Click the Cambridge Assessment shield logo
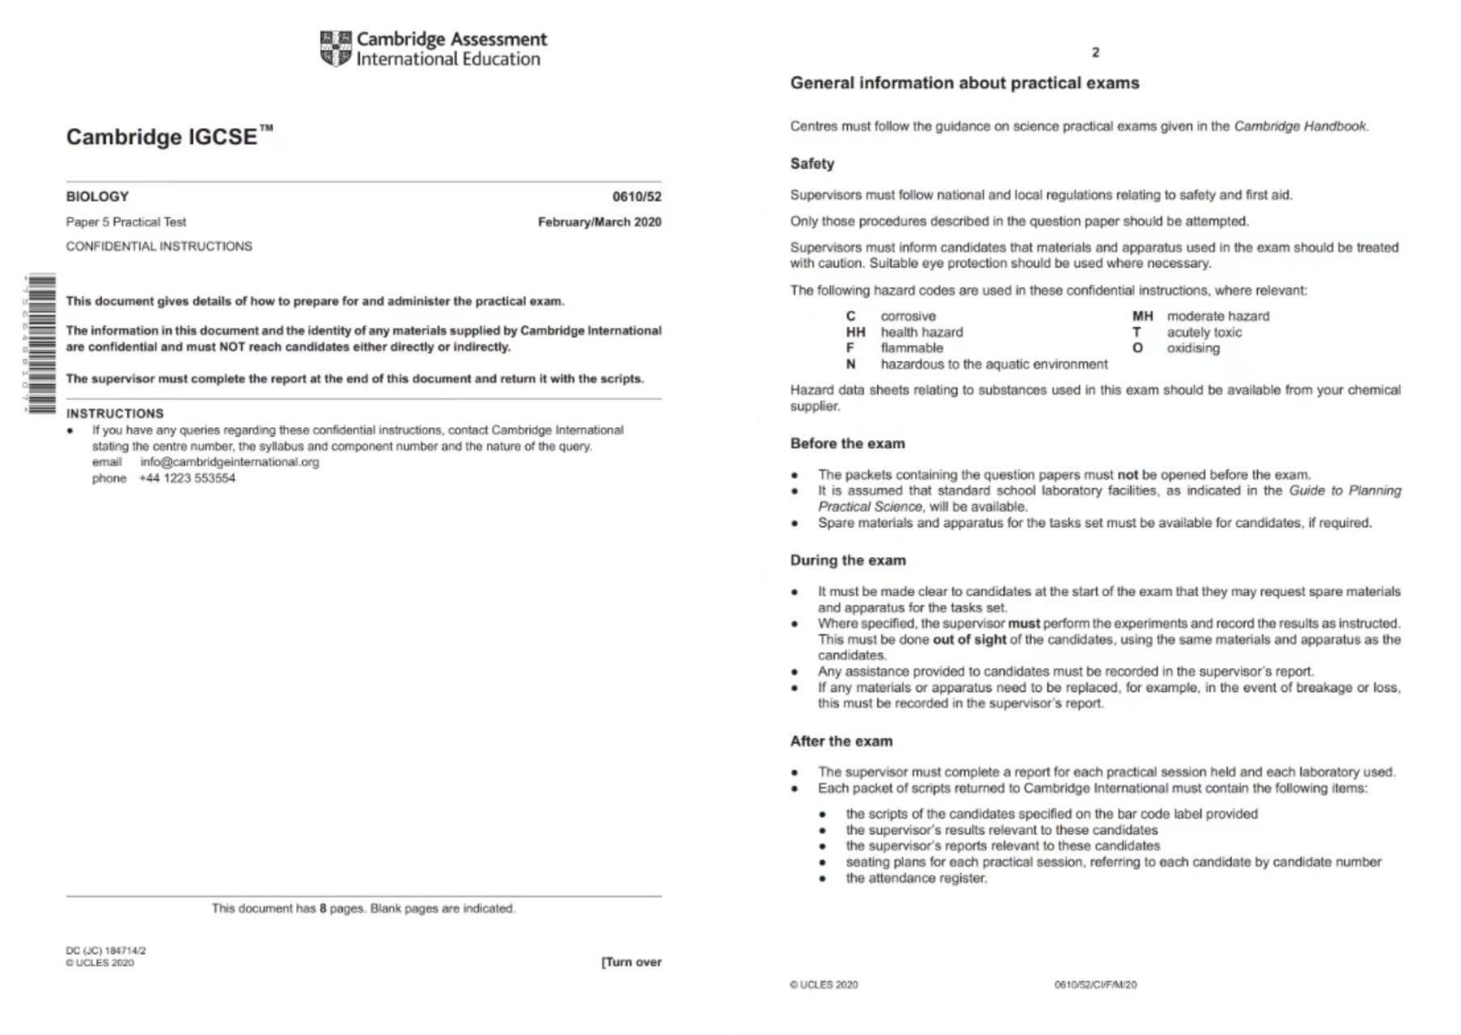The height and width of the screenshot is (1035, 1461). pos(336,49)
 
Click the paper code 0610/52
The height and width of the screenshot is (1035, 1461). pos(636,197)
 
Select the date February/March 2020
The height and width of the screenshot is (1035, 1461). pos(599,222)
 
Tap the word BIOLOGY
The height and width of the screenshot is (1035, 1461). pos(97,197)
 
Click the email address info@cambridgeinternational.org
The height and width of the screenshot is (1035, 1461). pos(230,462)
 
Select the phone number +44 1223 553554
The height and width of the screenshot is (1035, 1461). pos(187,478)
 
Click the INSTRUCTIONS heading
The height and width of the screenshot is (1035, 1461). pos(115,414)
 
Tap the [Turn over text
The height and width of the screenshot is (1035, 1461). pos(631,962)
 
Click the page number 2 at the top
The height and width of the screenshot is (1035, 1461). pos(1095,53)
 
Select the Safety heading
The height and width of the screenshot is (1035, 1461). pos(811,163)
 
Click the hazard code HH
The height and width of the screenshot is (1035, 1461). pos(855,333)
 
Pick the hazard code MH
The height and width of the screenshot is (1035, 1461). pos(1142,316)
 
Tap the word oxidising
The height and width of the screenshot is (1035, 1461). pos(1192,348)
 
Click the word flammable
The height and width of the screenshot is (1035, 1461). pos(912,348)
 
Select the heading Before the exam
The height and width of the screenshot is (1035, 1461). pos(847,443)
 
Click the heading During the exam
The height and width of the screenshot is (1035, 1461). pos(848,560)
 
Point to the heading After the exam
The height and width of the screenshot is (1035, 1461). pos(841,741)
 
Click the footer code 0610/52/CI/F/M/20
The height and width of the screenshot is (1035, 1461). pos(1095,985)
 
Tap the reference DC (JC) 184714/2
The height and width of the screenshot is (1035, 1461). pos(106,951)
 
